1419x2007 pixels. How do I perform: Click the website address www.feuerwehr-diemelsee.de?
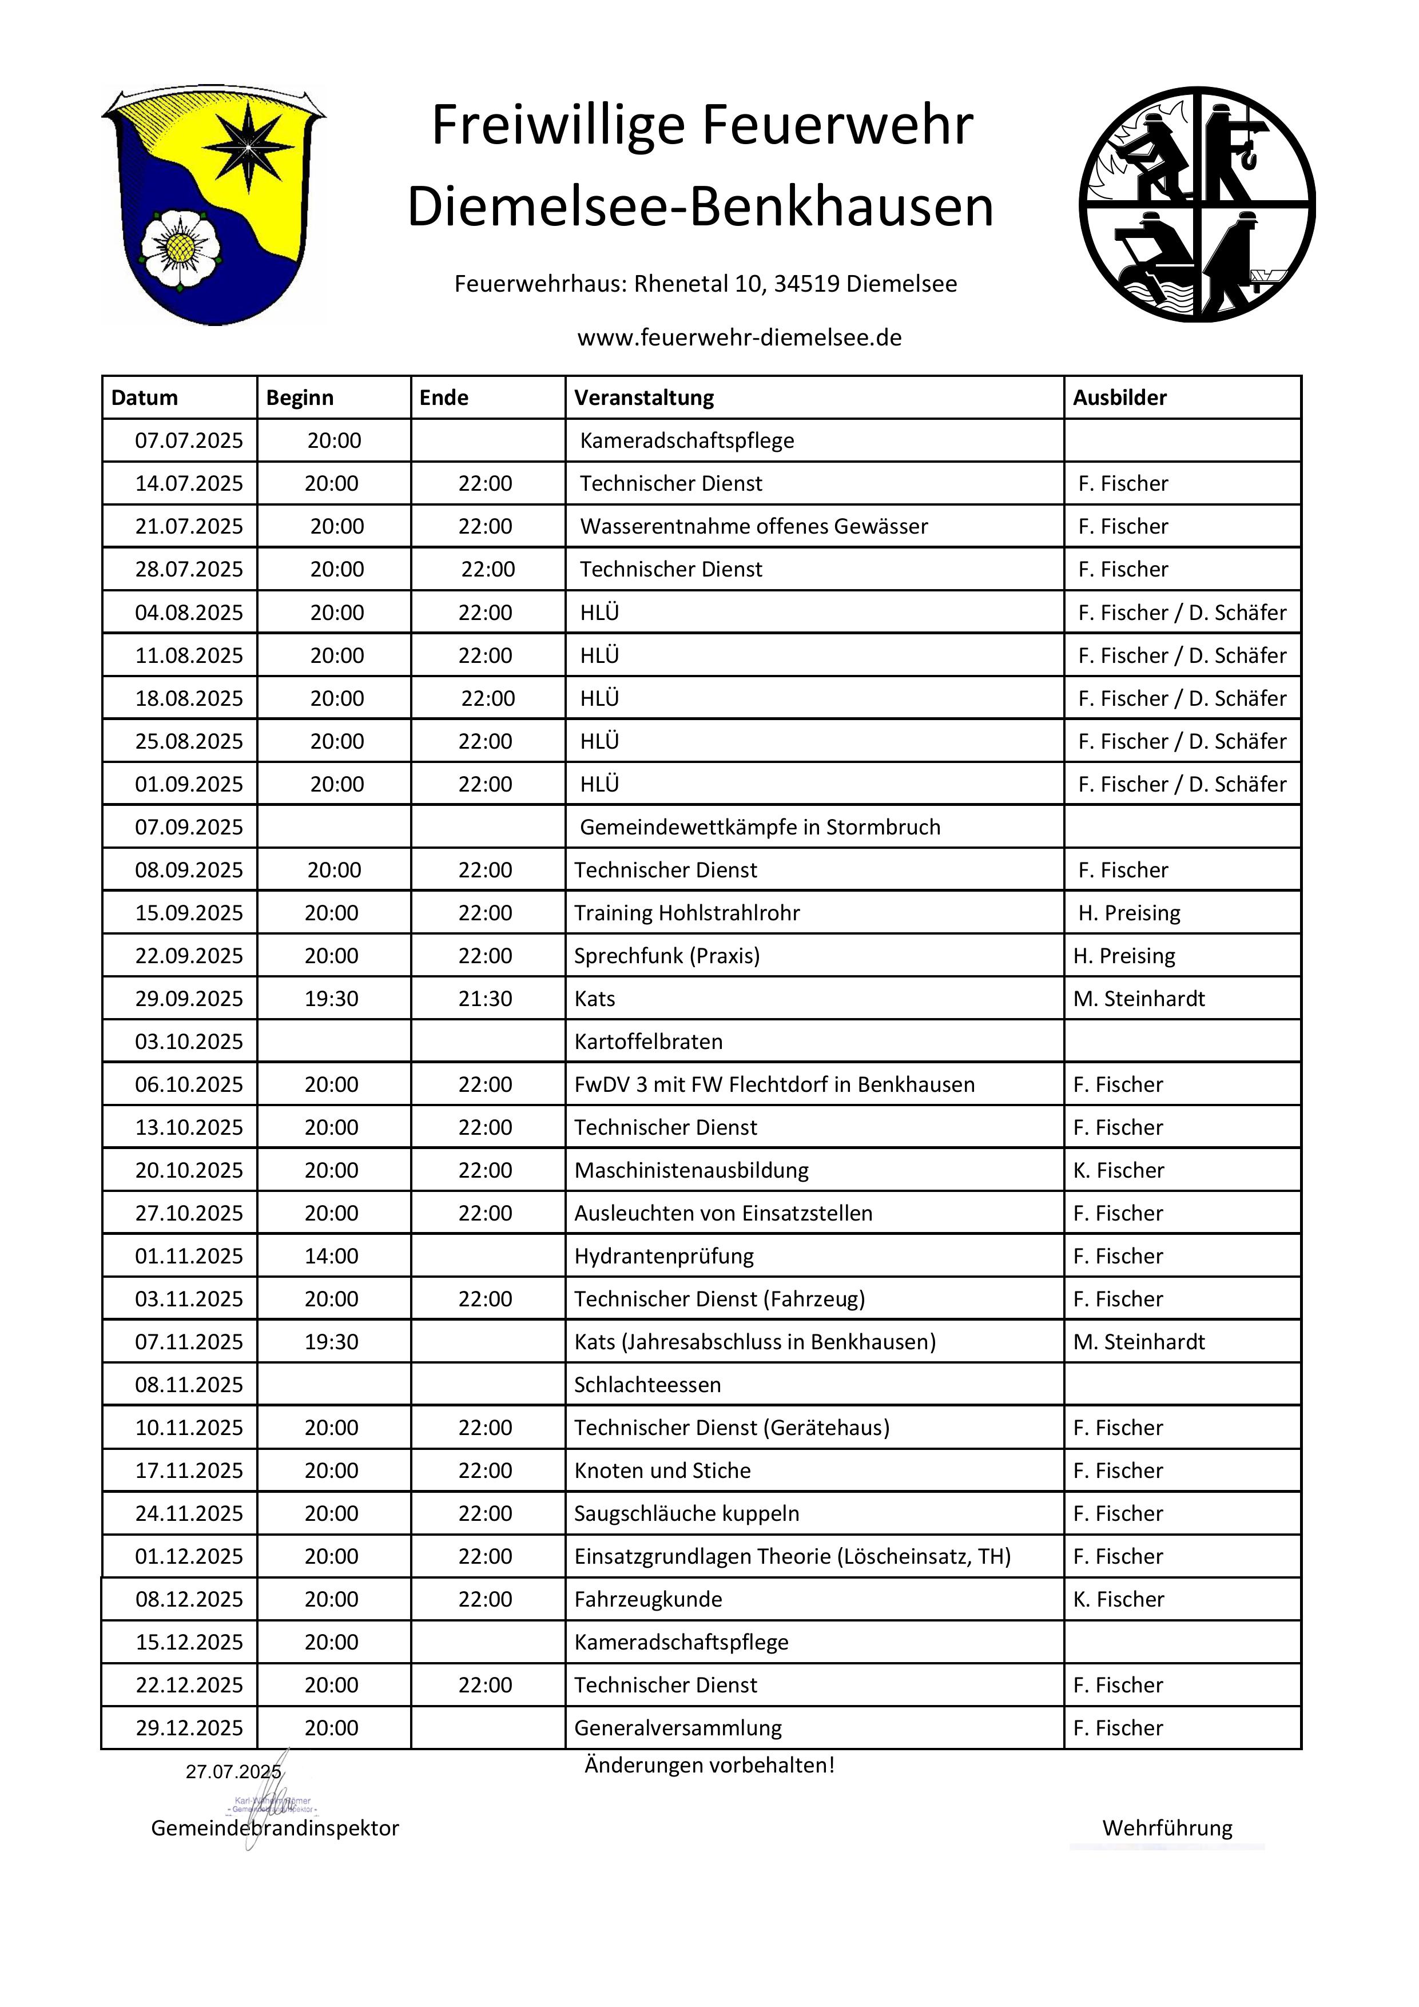tap(739, 337)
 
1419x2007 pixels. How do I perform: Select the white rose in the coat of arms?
tap(180, 248)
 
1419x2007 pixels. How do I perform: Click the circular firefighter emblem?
tap(1197, 205)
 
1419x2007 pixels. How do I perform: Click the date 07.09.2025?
tap(189, 827)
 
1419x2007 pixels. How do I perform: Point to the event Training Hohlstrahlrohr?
tap(686, 913)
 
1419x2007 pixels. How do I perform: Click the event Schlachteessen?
tap(647, 1385)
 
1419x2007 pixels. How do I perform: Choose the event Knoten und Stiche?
tap(662, 1471)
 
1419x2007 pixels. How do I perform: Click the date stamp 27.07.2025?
tap(233, 1772)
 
